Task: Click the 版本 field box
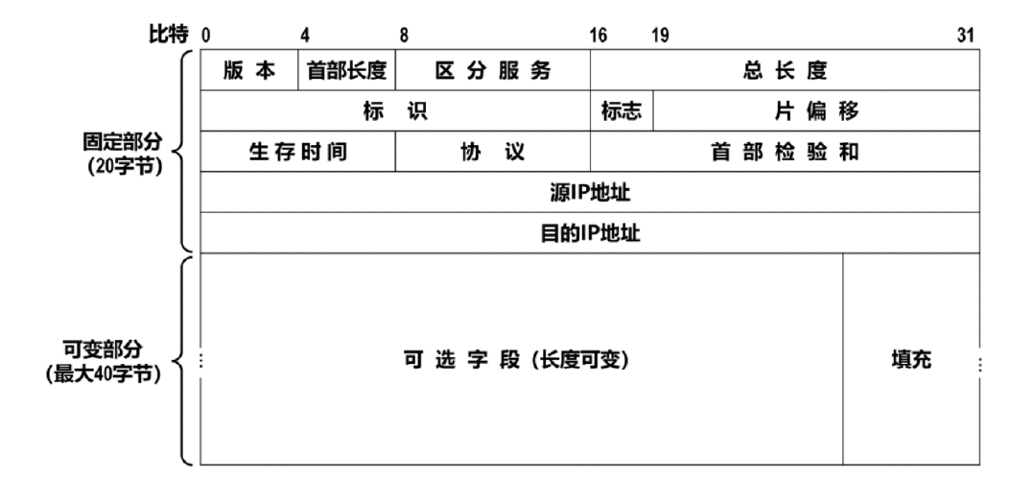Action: pyautogui.click(x=249, y=70)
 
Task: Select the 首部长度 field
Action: pyautogui.click(x=347, y=70)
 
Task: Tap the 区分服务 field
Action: pyautogui.click(x=493, y=70)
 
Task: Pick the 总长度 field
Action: pyautogui.click(x=786, y=70)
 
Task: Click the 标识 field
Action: pyautogui.click(x=395, y=110)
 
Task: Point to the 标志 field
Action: pyautogui.click(x=622, y=110)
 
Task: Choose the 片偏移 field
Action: pyautogui.click(x=816, y=110)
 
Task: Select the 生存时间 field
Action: pyautogui.click(x=298, y=152)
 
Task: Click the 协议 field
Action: pyautogui.click(x=493, y=152)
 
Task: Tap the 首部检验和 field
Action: pyautogui.click(x=786, y=152)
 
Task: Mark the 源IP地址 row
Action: pyautogui.click(x=590, y=193)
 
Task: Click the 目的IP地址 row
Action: pyautogui.click(x=590, y=233)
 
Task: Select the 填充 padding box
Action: pyautogui.click(x=911, y=359)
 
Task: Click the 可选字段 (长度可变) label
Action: pyautogui.click(x=516, y=360)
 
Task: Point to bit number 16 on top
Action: pyautogui.click(x=599, y=36)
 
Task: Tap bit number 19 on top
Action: pyautogui.click(x=660, y=36)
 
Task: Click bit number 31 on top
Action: pyautogui.click(x=965, y=36)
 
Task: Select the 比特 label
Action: pyautogui.click(x=169, y=35)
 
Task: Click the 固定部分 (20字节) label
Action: pyautogui.click(x=123, y=153)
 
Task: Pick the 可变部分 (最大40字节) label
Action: pyautogui.click(x=104, y=362)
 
